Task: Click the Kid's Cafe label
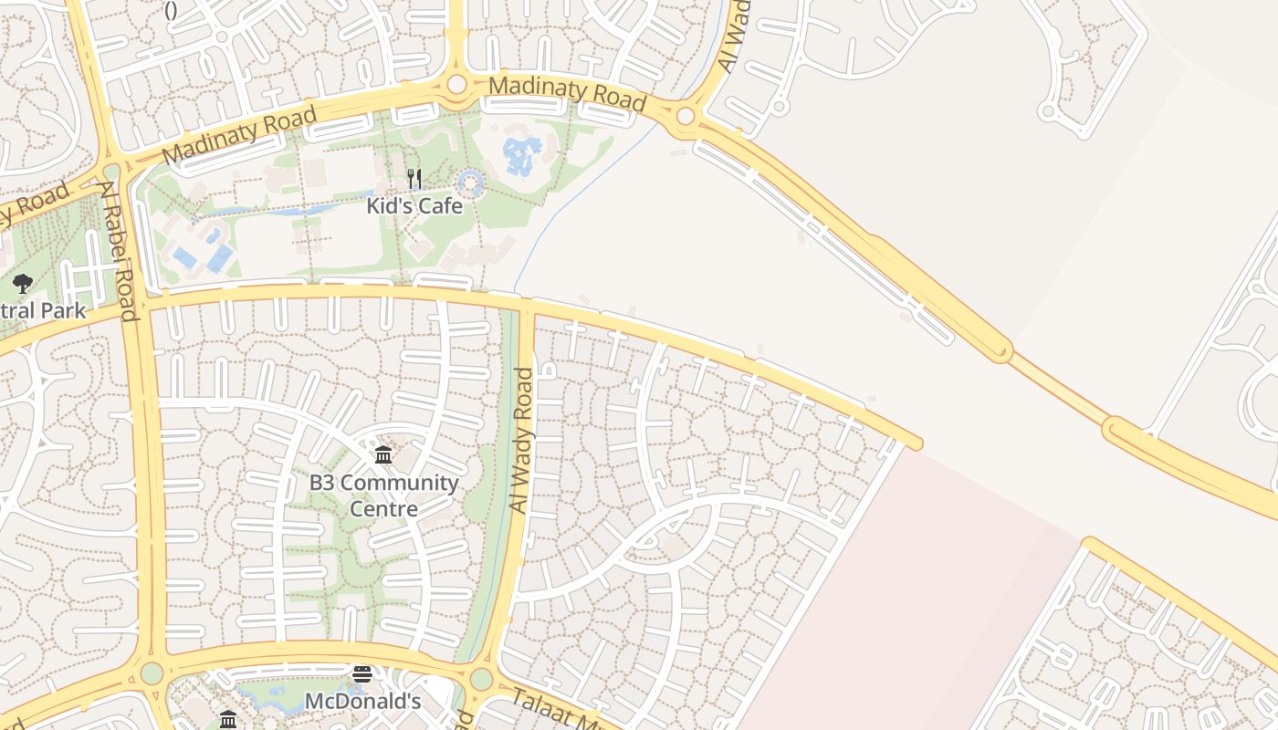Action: pyautogui.click(x=414, y=206)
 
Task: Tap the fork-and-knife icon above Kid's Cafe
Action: pyautogui.click(x=414, y=179)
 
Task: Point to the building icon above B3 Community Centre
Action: pyautogui.click(x=383, y=454)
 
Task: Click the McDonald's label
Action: pyautogui.click(x=362, y=702)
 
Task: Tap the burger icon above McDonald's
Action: pyautogui.click(x=362, y=674)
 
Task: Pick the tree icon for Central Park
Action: pyautogui.click(x=23, y=284)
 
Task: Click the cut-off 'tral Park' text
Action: pyautogui.click(x=43, y=310)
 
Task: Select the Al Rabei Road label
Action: pyautogui.click(x=120, y=251)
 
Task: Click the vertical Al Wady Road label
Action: pyautogui.click(x=521, y=440)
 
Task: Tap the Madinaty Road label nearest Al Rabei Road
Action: pyautogui.click(x=239, y=135)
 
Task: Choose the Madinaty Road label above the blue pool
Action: pyautogui.click(x=568, y=92)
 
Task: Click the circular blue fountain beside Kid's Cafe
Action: pyautogui.click(x=470, y=183)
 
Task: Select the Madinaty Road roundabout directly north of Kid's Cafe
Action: pyautogui.click(x=456, y=85)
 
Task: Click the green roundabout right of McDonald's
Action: pyautogui.click(x=481, y=679)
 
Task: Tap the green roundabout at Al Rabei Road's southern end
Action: pyautogui.click(x=152, y=673)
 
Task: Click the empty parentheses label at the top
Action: pyautogui.click(x=171, y=11)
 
